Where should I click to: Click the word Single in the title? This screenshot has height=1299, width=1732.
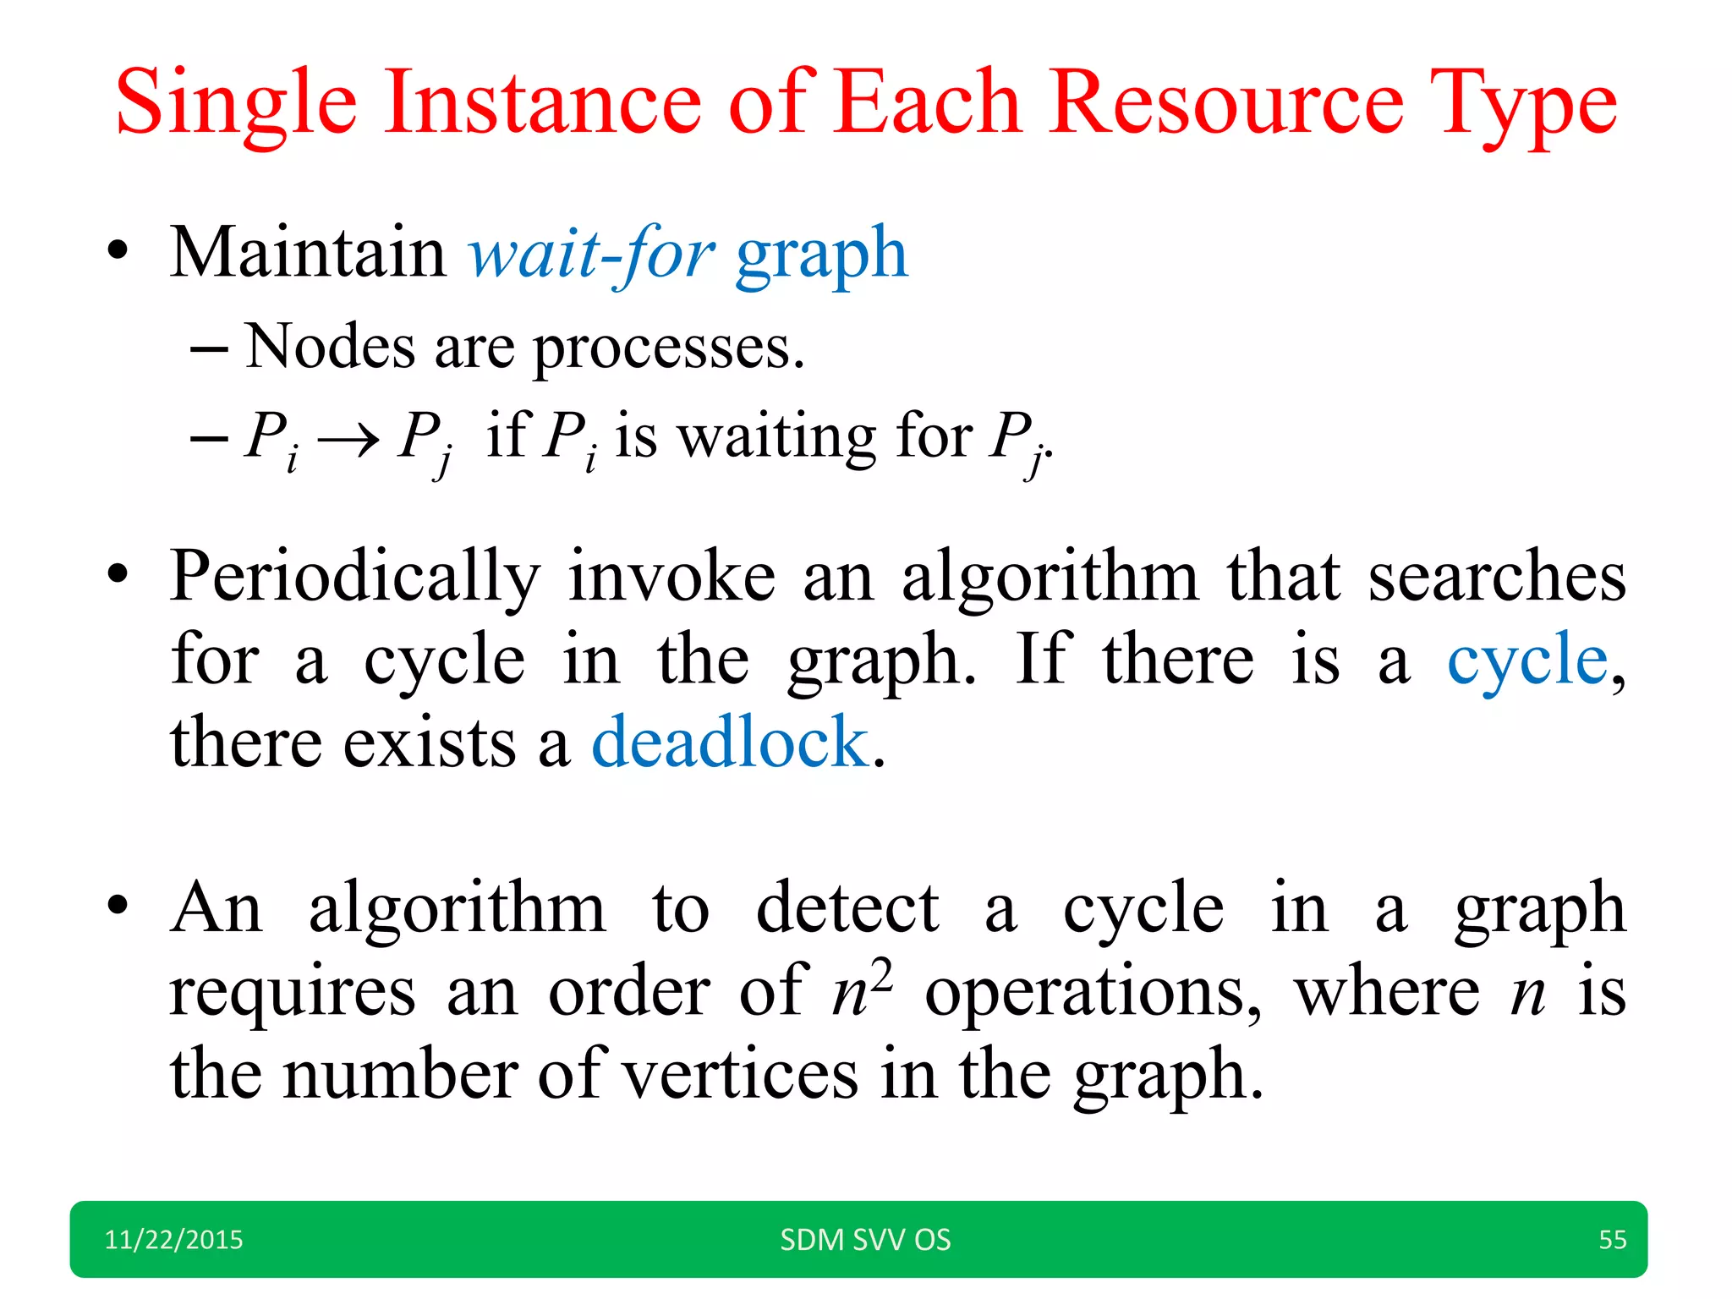pyautogui.click(x=236, y=105)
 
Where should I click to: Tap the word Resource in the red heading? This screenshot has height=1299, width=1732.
pyautogui.click(x=1226, y=103)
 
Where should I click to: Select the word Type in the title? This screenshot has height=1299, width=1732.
pyautogui.click(x=1523, y=105)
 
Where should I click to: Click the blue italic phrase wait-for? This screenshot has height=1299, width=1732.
pyautogui.click(x=592, y=254)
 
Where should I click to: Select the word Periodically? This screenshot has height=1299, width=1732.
pyautogui.click(x=354, y=578)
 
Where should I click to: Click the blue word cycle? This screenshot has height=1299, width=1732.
pyautogui.click(x=1527, y=660)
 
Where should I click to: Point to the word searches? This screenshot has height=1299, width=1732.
pyautogui.click(x=1497, y=577)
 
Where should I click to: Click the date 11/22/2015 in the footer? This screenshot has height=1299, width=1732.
pyautogui.click(x=173, y=1240)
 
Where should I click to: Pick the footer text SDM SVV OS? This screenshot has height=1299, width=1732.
pyautogui.click(x=865, y=1240)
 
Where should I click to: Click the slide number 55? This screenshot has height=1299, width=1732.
pyautogui.click(x=1612, y=1240)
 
